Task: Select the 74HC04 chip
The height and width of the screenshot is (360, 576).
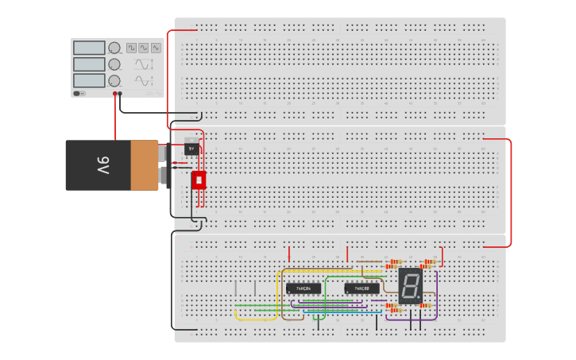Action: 303,288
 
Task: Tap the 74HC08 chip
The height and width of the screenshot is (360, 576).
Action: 361,288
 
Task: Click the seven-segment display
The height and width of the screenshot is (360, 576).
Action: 410,286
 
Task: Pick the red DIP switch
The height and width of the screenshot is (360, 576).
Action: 199,180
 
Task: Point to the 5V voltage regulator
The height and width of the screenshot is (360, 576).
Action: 191,147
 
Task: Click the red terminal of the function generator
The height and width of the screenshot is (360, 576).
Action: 115,94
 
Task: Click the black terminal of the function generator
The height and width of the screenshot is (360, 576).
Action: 121,94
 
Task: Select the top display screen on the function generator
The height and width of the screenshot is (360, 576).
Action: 89,48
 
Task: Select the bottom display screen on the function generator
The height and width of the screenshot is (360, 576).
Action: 89,80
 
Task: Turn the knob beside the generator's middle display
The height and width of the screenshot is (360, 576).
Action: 114,64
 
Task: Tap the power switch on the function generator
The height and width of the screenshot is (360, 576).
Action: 78,93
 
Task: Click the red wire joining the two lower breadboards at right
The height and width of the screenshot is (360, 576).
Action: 511,191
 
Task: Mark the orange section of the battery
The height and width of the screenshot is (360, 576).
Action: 145,165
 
